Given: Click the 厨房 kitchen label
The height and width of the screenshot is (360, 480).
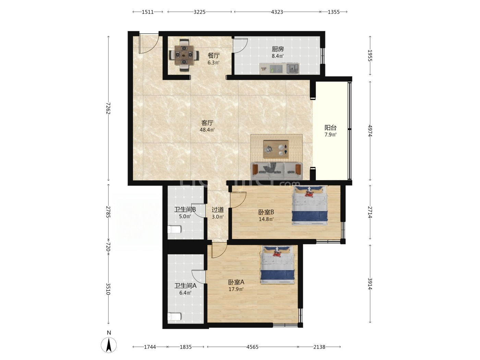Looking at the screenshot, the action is (x=278, y=49).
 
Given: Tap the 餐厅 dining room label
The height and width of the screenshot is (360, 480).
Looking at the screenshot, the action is (x=214, y=56).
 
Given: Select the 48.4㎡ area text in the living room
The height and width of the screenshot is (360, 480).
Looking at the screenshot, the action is (x=207, y=130).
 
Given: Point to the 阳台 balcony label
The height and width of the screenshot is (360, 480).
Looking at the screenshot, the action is (x=330, y=128).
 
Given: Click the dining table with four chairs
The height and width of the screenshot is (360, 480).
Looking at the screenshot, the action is (x=184, y=55).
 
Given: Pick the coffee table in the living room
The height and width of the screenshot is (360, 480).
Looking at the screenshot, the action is (x=276, y=149).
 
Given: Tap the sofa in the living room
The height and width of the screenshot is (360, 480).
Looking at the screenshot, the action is (x=276, y=171).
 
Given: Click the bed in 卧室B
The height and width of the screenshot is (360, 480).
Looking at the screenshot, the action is (x=310, y=205).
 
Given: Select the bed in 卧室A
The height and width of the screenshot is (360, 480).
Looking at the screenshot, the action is (x=277, y=265).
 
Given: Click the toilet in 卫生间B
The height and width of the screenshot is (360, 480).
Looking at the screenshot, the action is (x=174, y=229).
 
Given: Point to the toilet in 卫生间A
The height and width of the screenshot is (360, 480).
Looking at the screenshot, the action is (x=174, y=316).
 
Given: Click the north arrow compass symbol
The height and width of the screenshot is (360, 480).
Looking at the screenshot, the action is (x=109, y=345).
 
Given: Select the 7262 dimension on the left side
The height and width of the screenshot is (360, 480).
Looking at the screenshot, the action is (x=108, y=108).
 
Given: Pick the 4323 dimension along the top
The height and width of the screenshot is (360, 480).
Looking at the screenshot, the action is (x=277, y=12).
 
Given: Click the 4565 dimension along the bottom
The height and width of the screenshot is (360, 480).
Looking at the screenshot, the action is (x=252, y=347).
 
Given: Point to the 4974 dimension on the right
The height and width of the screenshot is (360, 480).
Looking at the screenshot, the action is (x=370, y=131).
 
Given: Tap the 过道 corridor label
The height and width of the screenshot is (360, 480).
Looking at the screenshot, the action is (x=218, y=210).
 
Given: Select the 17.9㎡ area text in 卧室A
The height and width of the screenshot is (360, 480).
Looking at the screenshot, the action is (x=236, y=289).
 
